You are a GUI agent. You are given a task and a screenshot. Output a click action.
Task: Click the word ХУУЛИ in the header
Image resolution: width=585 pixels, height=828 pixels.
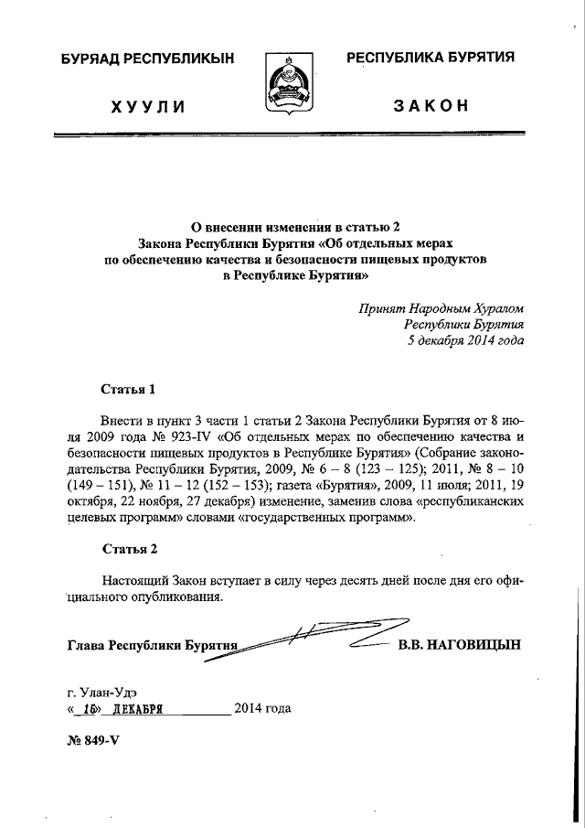point(148,106)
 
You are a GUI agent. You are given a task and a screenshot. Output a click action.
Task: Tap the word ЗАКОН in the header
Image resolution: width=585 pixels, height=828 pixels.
point(431,105)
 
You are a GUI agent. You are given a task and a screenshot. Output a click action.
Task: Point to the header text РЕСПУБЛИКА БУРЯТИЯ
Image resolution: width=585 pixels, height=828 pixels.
point(430,58)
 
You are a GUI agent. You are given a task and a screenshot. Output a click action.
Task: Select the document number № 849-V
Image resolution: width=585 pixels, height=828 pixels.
point(94,740)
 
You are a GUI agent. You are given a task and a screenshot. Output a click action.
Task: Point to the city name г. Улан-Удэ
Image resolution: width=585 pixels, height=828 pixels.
point(101,691)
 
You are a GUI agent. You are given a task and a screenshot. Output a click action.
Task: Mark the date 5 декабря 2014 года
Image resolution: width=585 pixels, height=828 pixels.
point(465,340)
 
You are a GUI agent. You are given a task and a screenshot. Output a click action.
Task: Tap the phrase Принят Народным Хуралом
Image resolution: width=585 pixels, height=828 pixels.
point(441,308)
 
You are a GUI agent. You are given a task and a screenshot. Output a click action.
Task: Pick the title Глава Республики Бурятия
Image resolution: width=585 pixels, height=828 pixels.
point(152,645)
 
